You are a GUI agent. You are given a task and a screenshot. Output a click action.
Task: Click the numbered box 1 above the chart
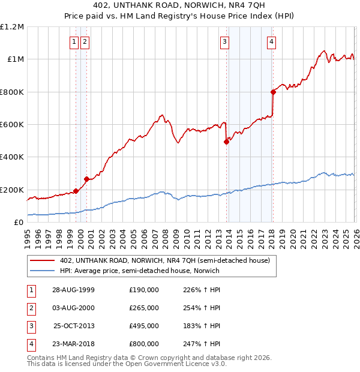[74, 41]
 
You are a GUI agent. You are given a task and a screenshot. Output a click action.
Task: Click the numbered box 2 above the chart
[85, 41]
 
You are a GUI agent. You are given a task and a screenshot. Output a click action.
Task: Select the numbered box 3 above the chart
[224, 41]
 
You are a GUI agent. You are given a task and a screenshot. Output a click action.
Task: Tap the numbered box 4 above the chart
[271, 41]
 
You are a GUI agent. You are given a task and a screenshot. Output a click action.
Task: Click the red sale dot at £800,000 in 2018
[273, 92]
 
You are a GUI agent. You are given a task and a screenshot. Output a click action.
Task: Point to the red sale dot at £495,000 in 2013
[227, 142]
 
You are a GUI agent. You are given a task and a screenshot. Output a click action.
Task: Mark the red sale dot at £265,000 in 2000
[86, 179]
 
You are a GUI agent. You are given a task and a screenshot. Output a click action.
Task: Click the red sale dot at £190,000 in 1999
[76, 191]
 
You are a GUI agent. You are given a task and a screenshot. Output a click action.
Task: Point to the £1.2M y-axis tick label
[12, 27]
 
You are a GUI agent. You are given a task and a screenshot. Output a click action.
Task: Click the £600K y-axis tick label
[12, 125]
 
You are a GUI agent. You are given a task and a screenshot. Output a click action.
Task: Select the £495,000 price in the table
[144, 326]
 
